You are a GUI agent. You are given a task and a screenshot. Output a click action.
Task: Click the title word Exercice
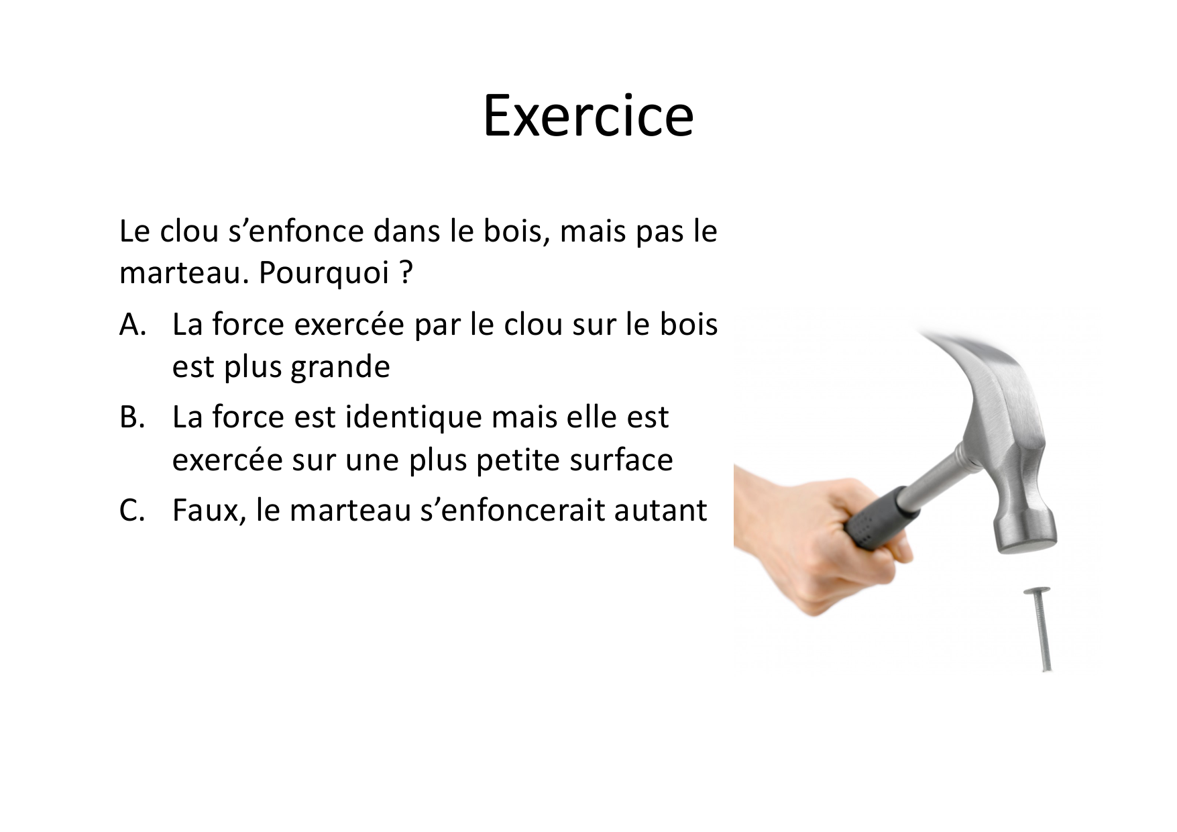588,115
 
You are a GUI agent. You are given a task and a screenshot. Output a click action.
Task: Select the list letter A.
133,325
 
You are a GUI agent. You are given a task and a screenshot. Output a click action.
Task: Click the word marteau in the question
184,274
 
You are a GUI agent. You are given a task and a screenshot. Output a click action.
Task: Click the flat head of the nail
1036,591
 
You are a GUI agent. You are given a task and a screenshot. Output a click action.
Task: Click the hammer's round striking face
1025,547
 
